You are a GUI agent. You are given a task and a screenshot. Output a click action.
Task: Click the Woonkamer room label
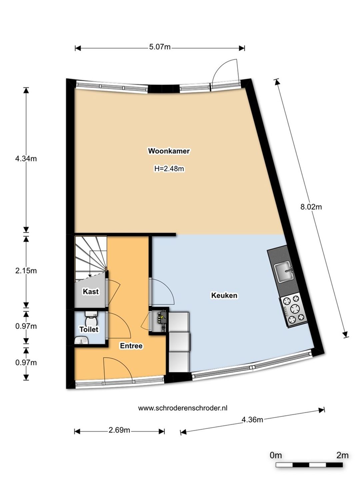[169, 151]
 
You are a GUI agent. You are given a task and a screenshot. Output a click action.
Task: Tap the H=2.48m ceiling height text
[169, 169]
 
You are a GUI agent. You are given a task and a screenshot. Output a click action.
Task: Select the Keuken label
[224, 295]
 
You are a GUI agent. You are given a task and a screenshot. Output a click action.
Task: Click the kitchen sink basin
[284, 272]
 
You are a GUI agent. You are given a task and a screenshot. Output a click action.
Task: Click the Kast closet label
[91, 291]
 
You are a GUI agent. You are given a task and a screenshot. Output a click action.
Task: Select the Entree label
[131, 346]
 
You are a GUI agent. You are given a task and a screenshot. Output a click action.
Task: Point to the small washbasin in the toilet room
[81, 340]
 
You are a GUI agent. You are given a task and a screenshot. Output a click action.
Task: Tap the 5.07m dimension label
[160, 47]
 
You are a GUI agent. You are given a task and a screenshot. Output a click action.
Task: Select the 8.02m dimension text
[311, 207]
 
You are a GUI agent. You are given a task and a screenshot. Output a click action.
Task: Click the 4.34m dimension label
[26, 159]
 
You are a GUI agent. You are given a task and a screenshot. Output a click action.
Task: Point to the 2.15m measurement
[26, 271]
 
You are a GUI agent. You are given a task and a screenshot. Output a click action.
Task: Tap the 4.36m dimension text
[252, 420]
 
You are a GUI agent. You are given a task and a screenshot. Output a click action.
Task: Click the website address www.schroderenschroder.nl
[183, 408]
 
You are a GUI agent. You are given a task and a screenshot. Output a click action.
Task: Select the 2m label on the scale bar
[342, 448]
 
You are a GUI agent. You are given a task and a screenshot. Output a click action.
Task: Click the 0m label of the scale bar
[276, 448]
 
